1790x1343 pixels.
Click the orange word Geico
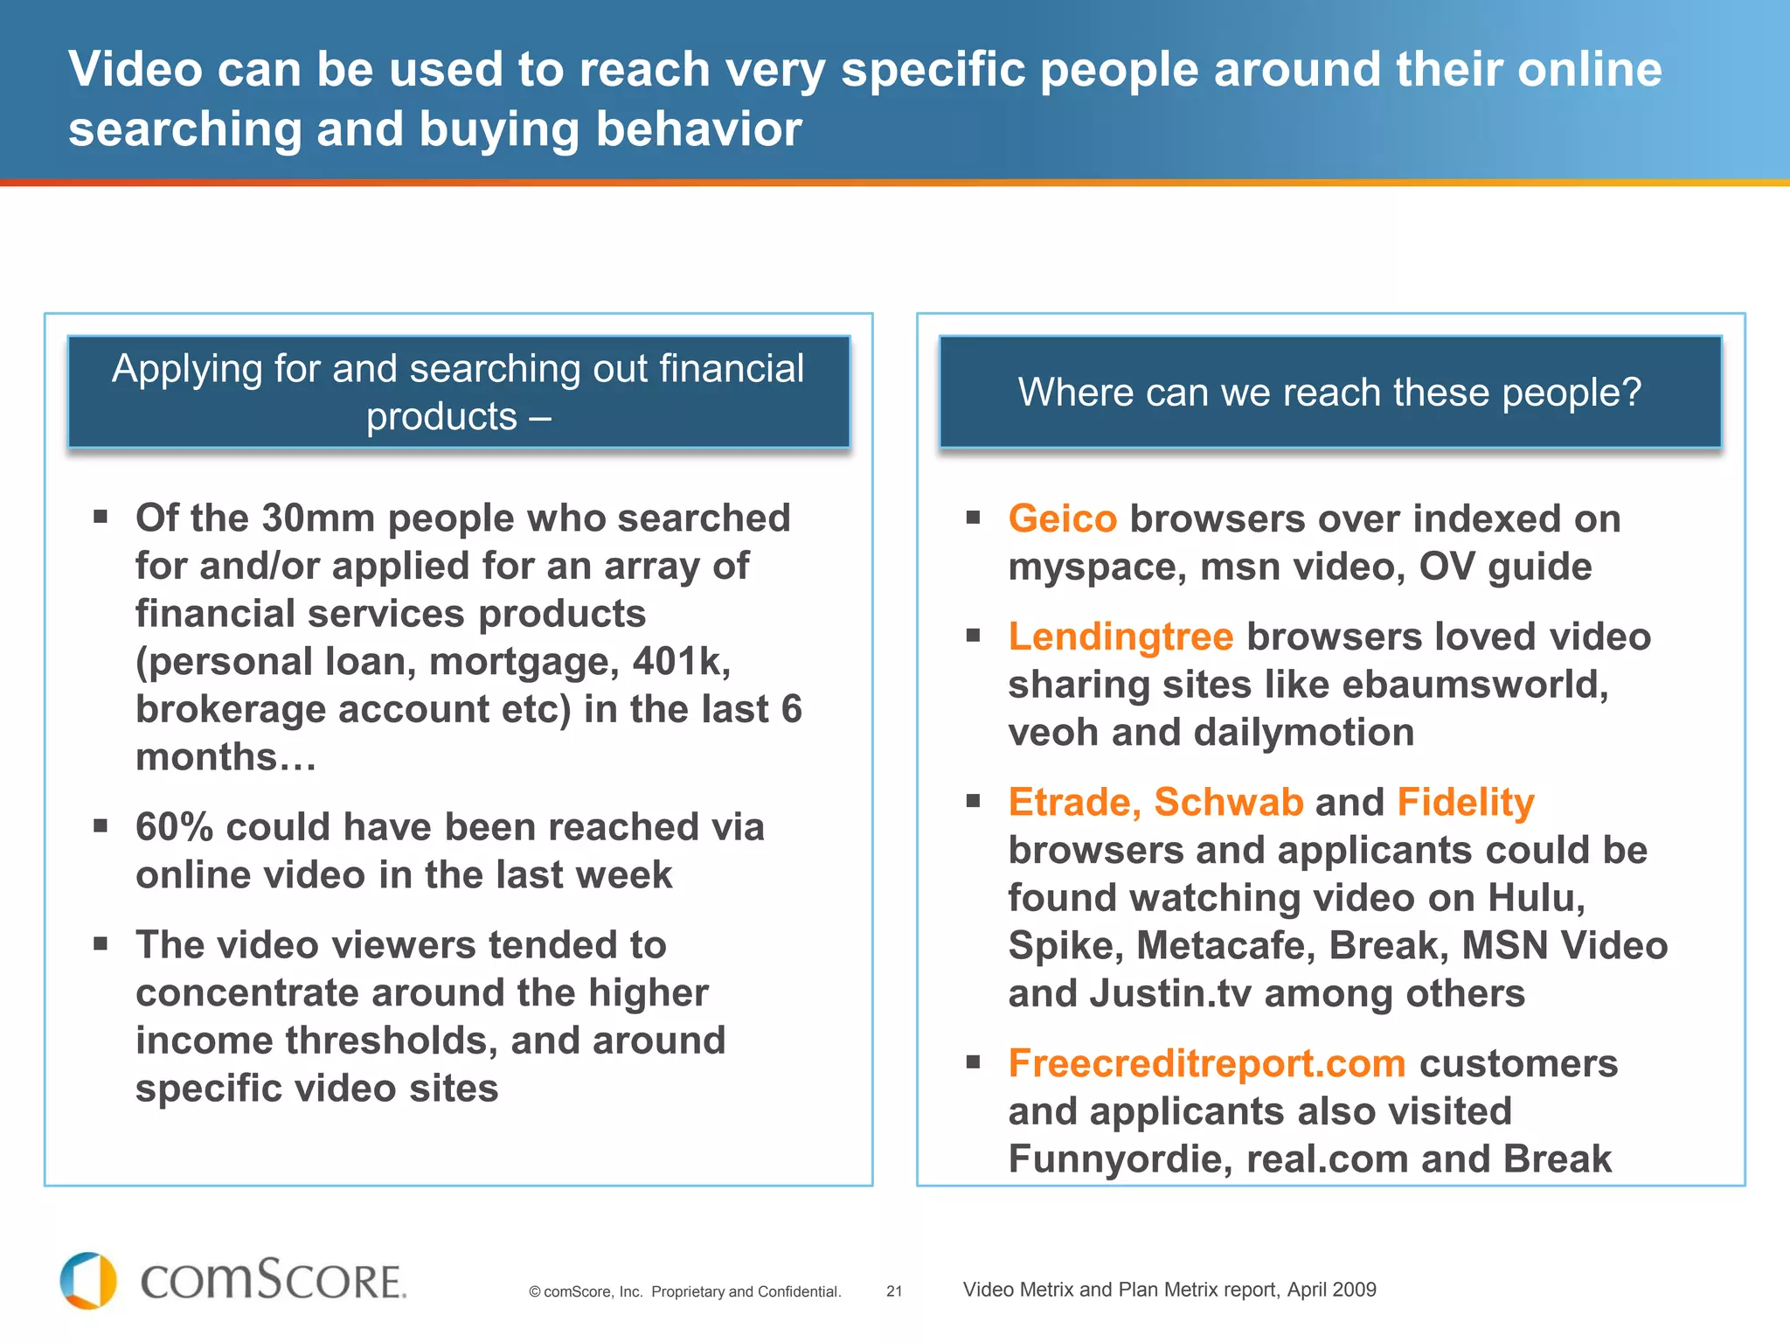pos(1062,519)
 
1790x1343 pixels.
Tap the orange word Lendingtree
pos(1120,637)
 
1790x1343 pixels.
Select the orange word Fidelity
pos(1465,803)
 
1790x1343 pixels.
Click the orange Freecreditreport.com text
pos(1206,1064)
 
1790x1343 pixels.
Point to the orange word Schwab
pos(1228,803)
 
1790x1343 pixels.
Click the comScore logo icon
pos(88,1281)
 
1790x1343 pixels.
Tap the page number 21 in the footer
pos(894,1291)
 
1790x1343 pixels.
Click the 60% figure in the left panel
pos(174,827)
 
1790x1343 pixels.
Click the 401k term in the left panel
pos(681,662)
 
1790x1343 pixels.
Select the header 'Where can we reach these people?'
pos(1329,393)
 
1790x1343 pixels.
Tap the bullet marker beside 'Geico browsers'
pos(974,518)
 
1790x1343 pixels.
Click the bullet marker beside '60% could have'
pos(101,825)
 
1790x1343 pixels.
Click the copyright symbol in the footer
pos(534,1292)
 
